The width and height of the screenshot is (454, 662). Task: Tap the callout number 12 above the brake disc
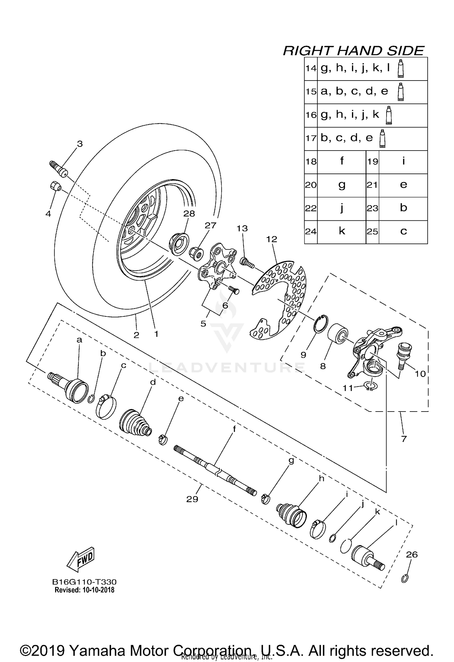[x=271, y=239]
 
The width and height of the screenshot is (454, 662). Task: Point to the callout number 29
[x=192, y=499]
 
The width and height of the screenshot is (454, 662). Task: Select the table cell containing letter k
[x=342, y=231]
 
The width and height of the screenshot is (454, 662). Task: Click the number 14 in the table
[x=311, y=68]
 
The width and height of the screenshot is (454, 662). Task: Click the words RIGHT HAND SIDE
[x=353, y=51]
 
